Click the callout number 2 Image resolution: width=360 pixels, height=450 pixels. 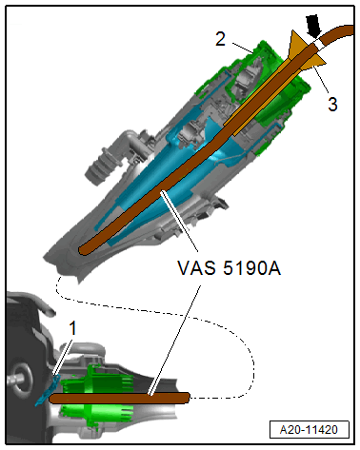[x=219, y=41]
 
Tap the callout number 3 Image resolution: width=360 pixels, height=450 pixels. [x=332, y=104]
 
